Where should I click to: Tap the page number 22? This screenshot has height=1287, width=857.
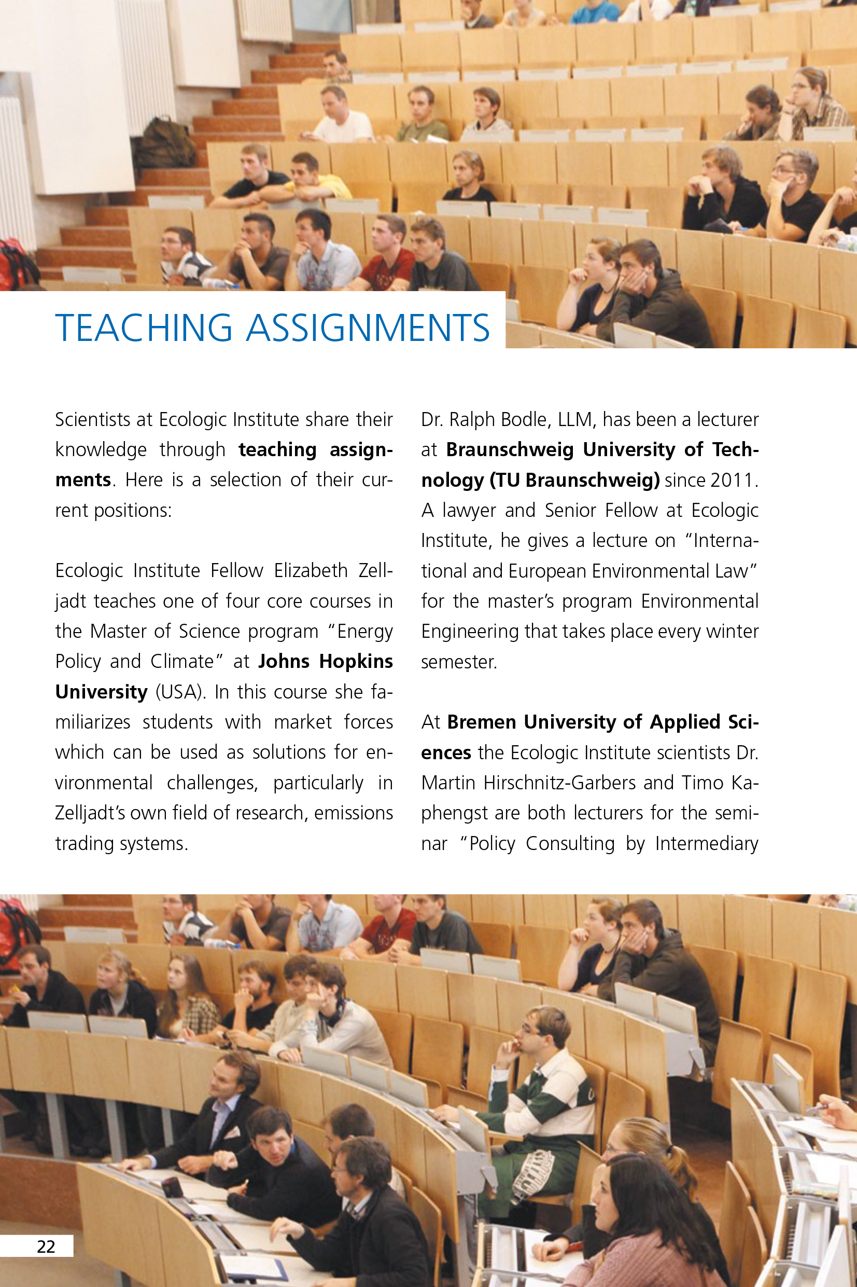coord(46,1247)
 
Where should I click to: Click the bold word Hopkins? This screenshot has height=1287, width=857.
coord(356,662)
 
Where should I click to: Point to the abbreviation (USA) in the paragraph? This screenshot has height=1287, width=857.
coord(180,692)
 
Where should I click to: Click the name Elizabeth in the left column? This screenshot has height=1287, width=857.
coord(311,570)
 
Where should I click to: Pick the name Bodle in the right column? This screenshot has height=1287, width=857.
coord(525,419)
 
